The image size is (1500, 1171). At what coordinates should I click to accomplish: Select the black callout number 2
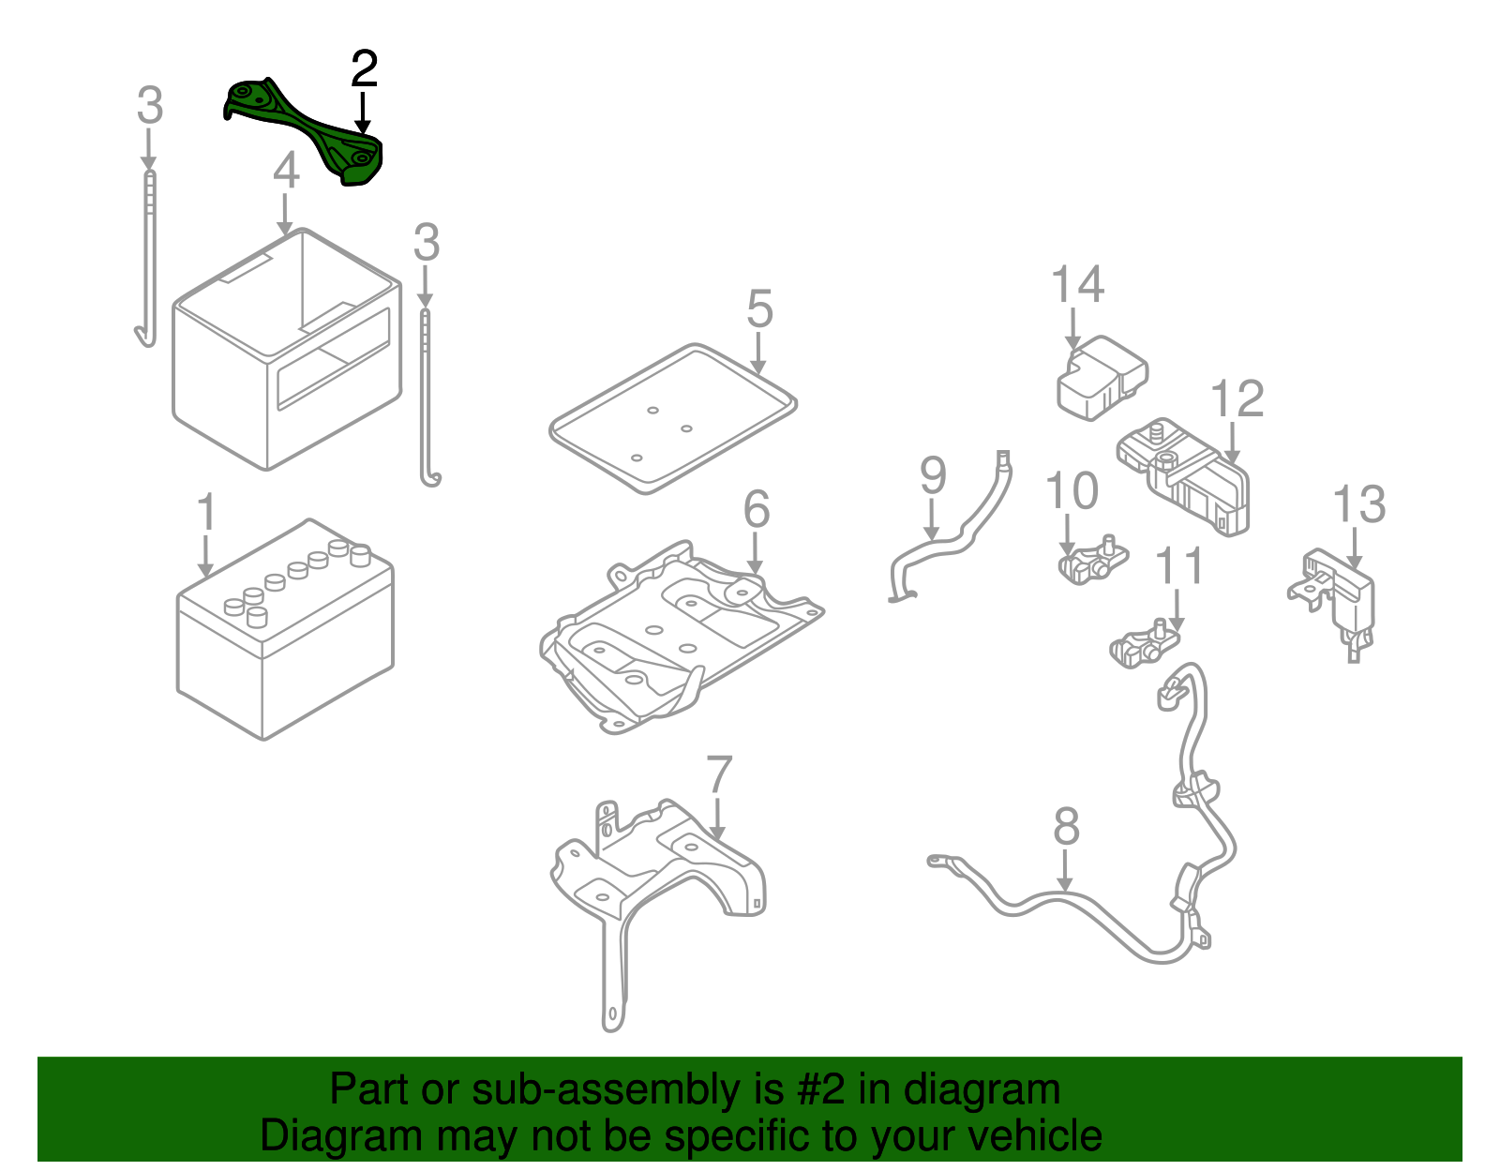[x=364, y=70]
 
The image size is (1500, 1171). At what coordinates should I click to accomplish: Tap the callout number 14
[x=1077, y=284]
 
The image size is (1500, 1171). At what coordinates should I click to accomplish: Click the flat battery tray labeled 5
[x=672, y=418]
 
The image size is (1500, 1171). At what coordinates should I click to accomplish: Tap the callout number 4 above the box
[x=286, y=172]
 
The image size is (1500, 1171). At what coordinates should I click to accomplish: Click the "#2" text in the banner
[x=821, y=1090]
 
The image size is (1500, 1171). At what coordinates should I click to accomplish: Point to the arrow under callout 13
[x=1356, y=549]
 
